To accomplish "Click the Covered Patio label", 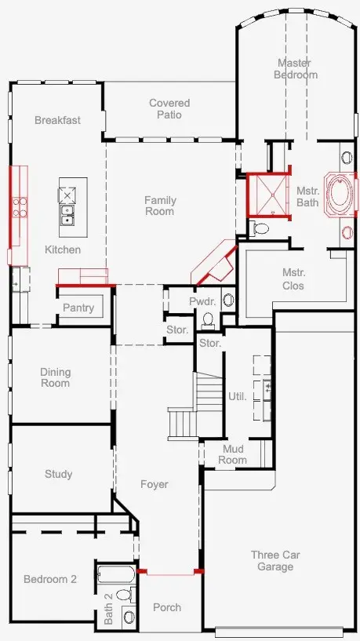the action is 169,109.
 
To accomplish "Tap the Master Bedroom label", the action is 296,69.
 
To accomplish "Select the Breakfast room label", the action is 57,120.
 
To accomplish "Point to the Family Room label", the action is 160,206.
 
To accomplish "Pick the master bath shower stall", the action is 268,195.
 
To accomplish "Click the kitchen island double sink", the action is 67,215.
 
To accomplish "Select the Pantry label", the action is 78,308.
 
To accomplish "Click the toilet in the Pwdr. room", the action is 208,319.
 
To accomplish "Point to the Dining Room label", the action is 55,377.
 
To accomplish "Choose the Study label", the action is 59,474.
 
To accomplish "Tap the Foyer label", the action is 155,484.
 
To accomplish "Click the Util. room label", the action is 238,396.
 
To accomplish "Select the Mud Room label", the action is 232,454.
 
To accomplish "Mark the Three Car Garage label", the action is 275,560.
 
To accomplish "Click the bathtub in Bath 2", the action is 116,575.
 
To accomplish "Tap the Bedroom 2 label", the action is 50,579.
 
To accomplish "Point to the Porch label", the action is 167,607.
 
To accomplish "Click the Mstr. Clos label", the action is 293,279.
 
